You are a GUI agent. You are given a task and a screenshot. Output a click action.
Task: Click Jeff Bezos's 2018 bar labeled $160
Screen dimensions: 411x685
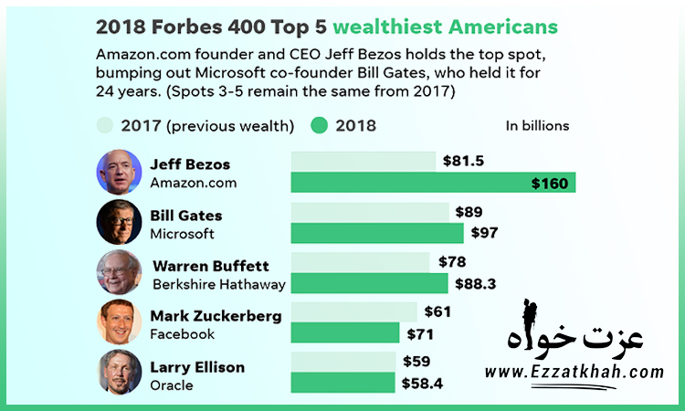pyautogui.click(x=429, y=183)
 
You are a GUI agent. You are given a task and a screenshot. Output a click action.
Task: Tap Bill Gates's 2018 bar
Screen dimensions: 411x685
pyautogui.click(x=378, y=233)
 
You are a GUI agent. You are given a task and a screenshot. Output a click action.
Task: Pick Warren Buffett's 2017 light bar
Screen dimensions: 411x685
pyautogui.click(x=360, y=262)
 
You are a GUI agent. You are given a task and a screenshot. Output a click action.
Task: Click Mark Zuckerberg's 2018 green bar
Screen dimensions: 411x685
pyautogui.click(x=344, y=332)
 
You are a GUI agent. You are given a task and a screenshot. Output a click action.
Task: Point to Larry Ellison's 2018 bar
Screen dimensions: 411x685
pyautogui.click(x=342, y=383)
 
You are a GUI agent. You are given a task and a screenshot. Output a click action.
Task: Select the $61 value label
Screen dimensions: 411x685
pyautogui.click(x=437, y=311)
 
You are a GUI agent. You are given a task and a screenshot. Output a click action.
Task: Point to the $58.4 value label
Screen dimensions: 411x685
pyautogui.click(x=422, y=383)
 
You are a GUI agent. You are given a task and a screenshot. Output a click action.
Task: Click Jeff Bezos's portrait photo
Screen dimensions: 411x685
pyautogui.click(x=119, y=172)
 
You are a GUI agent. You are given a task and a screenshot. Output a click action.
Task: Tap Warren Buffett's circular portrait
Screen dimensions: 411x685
pyautogui.click(x=119, y=272)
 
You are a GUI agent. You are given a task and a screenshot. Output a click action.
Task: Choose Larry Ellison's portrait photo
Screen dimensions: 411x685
pyautogui.click(x=119, y=373)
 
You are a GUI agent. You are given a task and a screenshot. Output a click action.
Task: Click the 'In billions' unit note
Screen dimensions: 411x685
pyautogui.click(x=537, y=126)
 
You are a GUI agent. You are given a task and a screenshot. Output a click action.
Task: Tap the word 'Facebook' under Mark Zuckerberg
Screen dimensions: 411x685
pyautogui.click(x=182, y=334)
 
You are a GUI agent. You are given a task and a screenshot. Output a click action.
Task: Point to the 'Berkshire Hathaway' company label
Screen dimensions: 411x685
pyautogui.click(x=218, y=284)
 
